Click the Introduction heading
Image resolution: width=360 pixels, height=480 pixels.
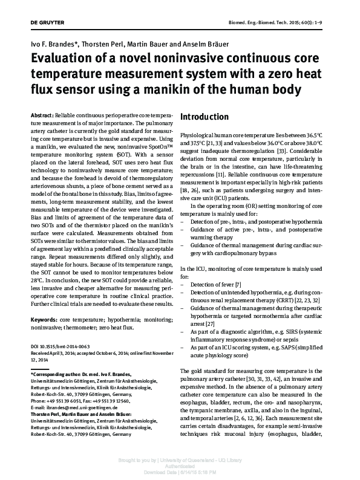[x=205, y=117]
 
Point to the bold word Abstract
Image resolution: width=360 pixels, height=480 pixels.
[x=41, y=115]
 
